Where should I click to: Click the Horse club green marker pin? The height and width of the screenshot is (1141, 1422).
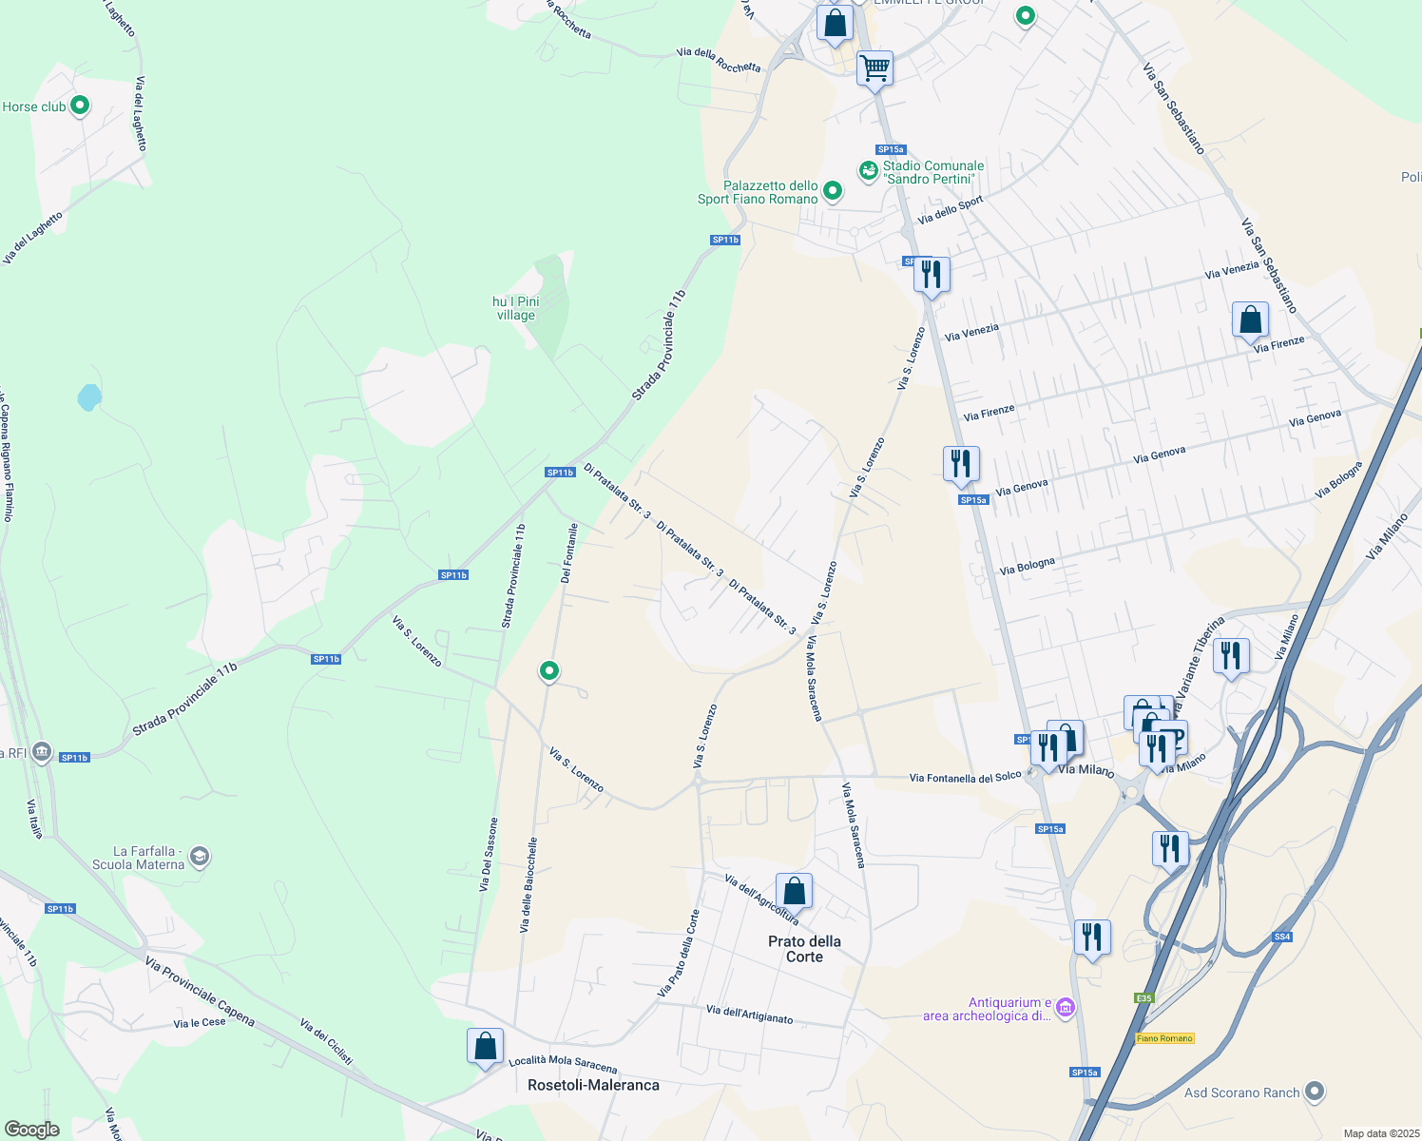tap(80, 106)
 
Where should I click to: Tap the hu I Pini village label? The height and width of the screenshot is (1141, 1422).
tap(515, 308)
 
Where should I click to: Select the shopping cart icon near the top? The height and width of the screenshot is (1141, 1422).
tap(874, 68)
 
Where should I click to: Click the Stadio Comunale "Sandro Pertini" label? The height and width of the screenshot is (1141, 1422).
tap(933, 172)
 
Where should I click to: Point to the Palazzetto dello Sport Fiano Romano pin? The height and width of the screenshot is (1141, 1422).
tap(833, 191)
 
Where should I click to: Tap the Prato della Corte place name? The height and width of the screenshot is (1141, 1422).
tap(804, 949)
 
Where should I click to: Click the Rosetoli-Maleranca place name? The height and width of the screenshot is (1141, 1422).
tap(593, 1085)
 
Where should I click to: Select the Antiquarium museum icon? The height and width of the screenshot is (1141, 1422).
tap(1066, 1008)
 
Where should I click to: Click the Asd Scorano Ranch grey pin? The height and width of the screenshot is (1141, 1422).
tap(1315, 1092)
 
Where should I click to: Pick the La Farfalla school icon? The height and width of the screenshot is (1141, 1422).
tap(200, 858)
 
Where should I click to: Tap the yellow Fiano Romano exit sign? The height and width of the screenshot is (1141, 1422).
tap(1164, 1038)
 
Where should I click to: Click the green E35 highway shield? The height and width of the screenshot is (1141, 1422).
tap(1144, 997)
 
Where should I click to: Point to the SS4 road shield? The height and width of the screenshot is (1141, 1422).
tap(1282, 937)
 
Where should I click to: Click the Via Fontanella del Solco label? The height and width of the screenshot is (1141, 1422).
tap(965, 778)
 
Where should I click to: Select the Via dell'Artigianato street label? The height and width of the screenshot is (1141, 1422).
tap(749, 1015)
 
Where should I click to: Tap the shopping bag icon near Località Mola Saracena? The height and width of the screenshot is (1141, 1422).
tap(485, 1046)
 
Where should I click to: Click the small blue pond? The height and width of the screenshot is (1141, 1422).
tap(89, 396)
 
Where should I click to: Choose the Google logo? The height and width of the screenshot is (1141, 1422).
tap(31, 1130)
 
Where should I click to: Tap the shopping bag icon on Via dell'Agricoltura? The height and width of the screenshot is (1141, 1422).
tap(794, 891)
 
